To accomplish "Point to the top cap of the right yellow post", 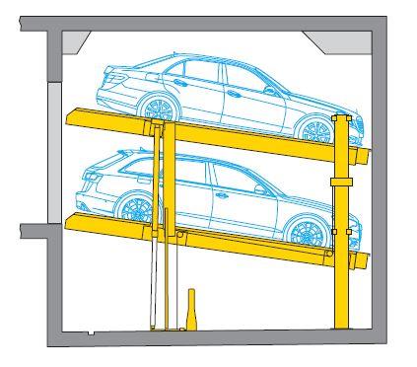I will point(341,117).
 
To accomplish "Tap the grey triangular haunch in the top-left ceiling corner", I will point(75,41).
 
